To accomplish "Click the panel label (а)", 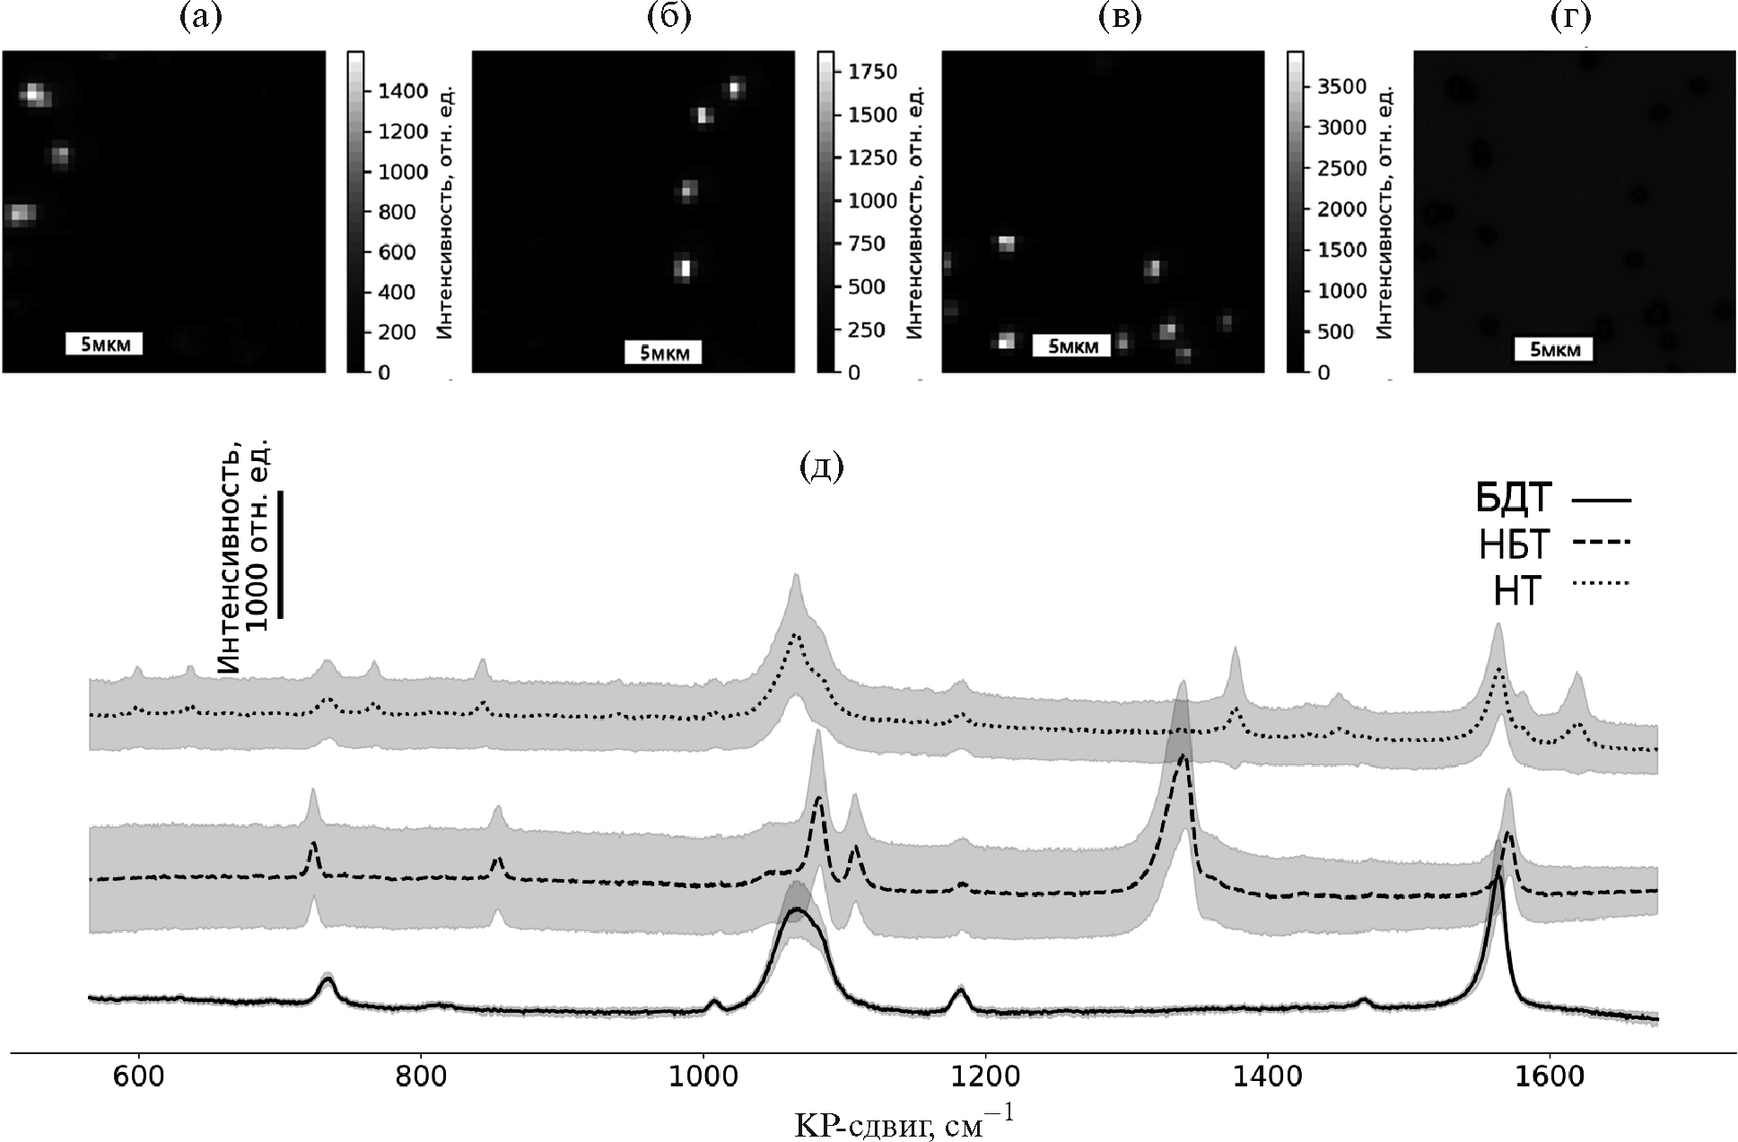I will click(x=200, y=18).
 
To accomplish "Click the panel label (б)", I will click(x=669, y=18).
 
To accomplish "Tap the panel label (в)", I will click(x=1121, y=18).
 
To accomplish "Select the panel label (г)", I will click(x=1570, y=18).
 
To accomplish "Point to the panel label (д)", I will click(x=821, y=467).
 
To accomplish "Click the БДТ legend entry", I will click(x=1552, y=499).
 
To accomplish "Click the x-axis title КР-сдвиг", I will click(x=904, y=1122).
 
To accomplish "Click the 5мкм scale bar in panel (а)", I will click(x=104, y=344).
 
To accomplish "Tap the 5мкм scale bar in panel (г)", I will click(x=1554, y=349).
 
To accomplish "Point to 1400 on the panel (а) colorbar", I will click(x=403, y=92).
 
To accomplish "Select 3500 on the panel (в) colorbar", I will click(x=1342, y=86).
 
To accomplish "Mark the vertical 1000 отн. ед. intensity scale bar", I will click(x=281, y=554).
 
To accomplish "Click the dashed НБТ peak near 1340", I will click(x=1183, y=758).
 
